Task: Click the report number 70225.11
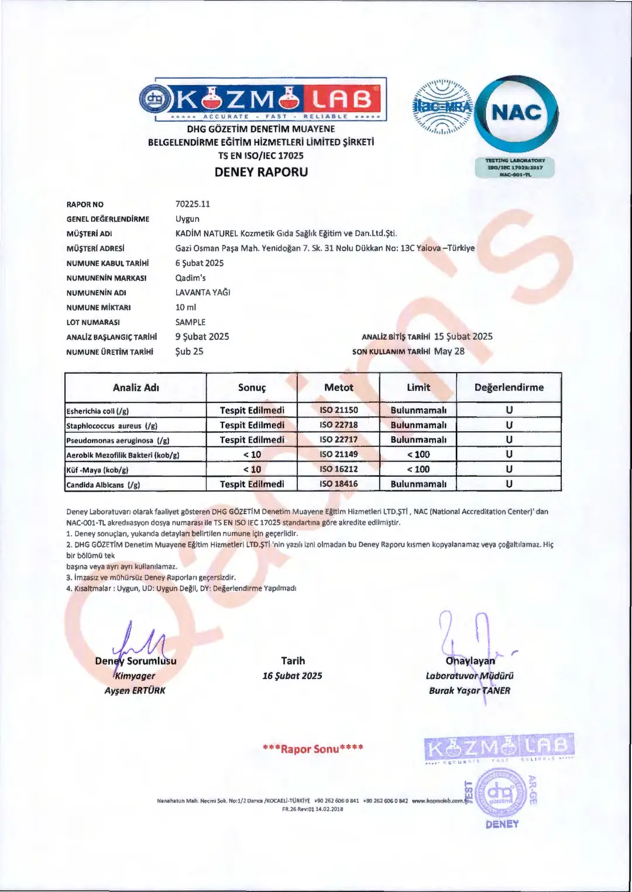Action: pyautogui.click(x=193, y=204)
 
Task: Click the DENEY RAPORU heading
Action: pyautogui.click(x=261, y=172)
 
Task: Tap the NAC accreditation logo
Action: pyautogui.click(x=516, y=113)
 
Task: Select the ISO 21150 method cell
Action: pyautogui.click(x=339, y=410)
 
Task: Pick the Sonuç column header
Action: pyautogui.click(x=252, y=388)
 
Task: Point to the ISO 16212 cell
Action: pyautogui.click(x=339, y=469)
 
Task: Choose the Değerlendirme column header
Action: pyautogui.click(x=509, y=388)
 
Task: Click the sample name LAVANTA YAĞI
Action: pyautogui.click(x=202, y=292)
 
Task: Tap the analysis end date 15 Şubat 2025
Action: pyautogui.click(x=463, y=337)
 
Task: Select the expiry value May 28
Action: pyautogui.click(x=449, y=351)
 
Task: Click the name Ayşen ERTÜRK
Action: pyautogui.click(x=135, y=691)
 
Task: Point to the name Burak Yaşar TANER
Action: pyautogui.click(x=469, y=691)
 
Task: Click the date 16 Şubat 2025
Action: pyautogui.click(x=292, y=676)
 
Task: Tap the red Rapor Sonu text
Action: pyautogui.click(x=313, y=749)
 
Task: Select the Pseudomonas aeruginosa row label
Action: pyautogui.click(x=118, y=440)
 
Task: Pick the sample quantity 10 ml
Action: pyautogui.click(x=186, y=307)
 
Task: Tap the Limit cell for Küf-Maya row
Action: pyautogui.click(x=418, y=469)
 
